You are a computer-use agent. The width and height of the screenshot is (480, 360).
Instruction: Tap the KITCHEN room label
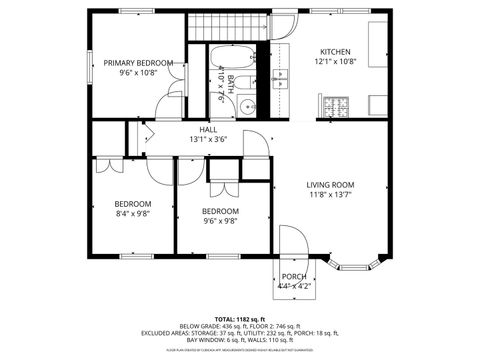334,51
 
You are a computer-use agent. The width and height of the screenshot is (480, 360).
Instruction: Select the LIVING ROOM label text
330,184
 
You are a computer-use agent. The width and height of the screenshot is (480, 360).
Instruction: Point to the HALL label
208,129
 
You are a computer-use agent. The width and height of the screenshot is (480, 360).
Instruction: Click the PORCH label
294,277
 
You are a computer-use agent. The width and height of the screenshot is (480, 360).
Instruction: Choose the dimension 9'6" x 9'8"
220,222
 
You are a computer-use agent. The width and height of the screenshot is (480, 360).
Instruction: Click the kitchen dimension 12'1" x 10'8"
334,62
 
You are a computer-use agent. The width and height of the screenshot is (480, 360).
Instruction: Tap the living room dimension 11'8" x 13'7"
330,195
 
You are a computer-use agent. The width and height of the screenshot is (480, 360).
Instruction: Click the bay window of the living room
354,264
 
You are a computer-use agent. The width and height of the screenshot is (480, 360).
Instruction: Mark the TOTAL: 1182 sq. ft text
240,317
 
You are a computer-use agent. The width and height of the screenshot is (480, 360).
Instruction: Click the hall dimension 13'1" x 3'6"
208,140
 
